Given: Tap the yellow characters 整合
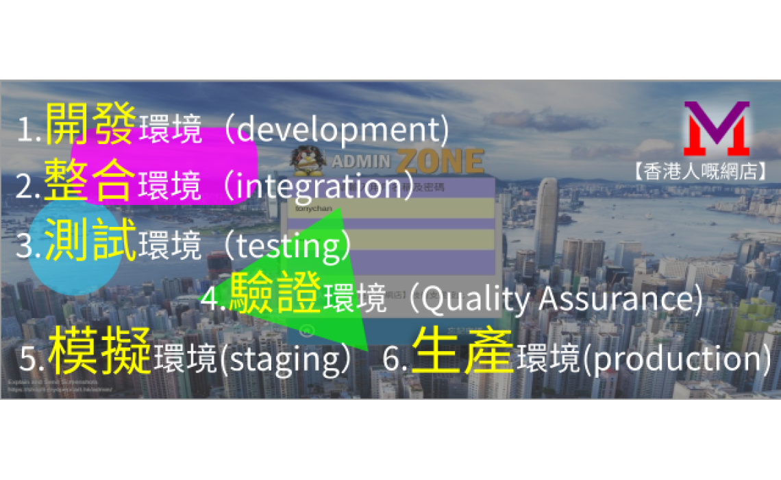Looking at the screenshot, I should point(90,180).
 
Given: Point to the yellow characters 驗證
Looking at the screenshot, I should point(275,293).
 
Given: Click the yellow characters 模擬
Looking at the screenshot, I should point(101,351).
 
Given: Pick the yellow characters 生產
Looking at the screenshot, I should point(463,351).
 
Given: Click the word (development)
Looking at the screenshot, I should point(337,130).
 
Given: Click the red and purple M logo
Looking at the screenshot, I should point(716,129).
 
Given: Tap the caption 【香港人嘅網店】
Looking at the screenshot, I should point(699,171).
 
